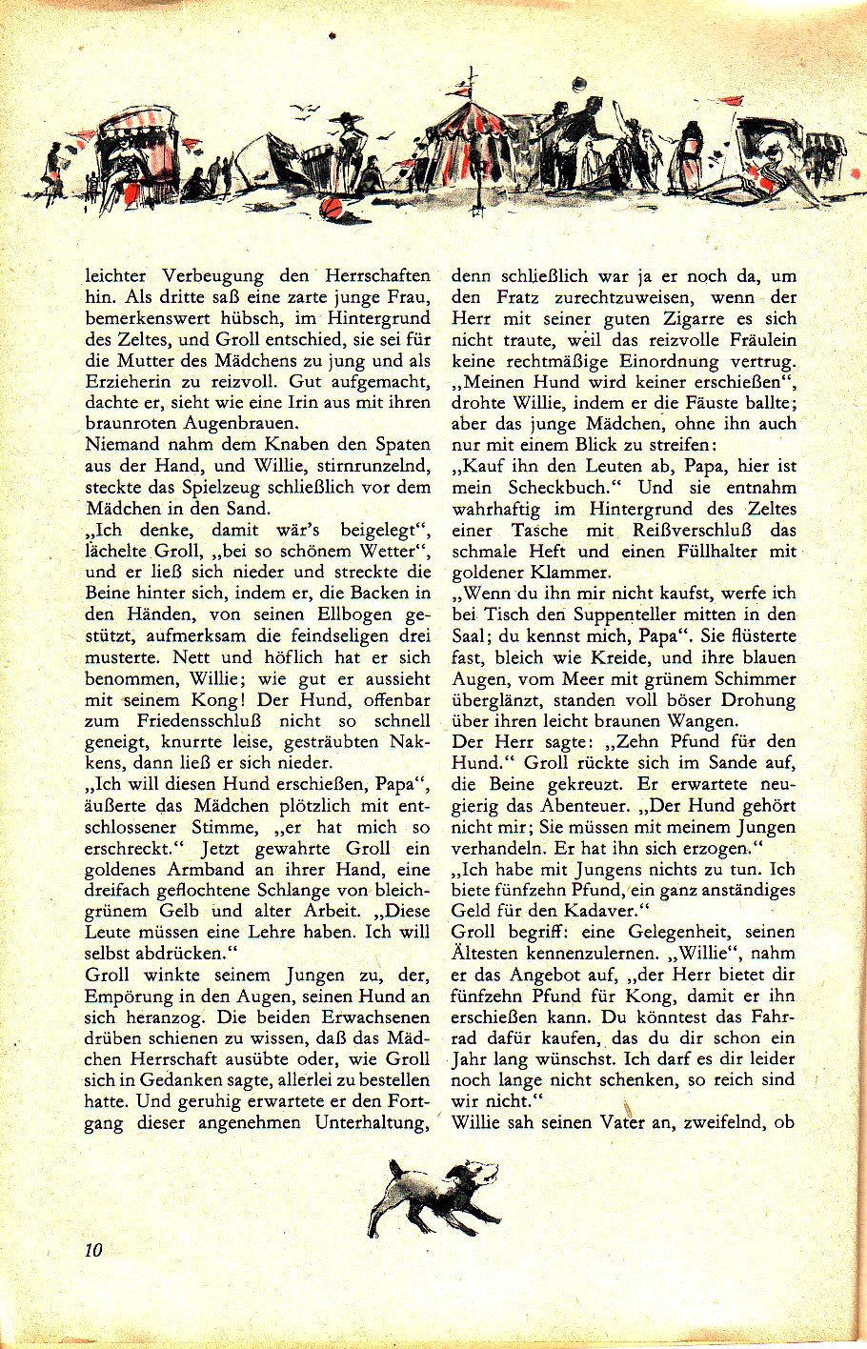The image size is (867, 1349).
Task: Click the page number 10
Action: (92, 1250)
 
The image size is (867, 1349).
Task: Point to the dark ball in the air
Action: (577, 84)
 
